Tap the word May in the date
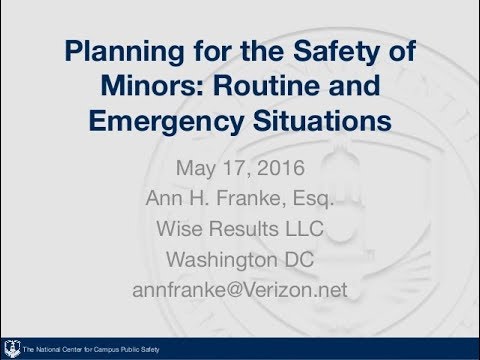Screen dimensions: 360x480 195,165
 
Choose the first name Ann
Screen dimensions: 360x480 164,197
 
